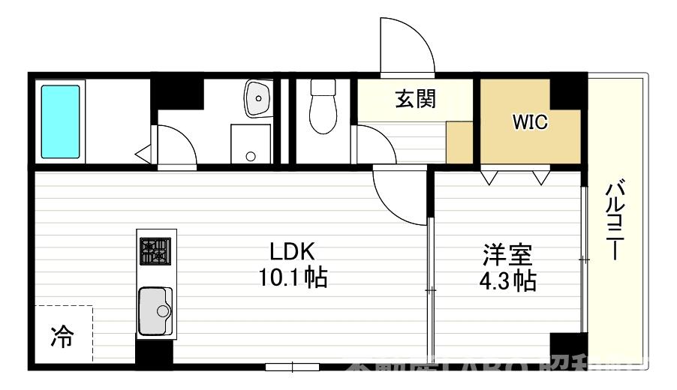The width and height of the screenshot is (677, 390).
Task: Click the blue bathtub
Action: click(60, 121)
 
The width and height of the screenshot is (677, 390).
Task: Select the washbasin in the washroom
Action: click(257, 98)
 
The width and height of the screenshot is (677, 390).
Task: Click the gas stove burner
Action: click(155, 250)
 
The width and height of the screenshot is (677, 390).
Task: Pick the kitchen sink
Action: click(155, 310)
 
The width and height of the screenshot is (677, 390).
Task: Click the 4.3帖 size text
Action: click(508, 281)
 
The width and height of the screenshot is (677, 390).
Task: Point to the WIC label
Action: click(529, 122)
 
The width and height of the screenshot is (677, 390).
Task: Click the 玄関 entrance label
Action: click(415, 99)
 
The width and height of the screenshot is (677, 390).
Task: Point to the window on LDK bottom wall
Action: click(293, 367)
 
